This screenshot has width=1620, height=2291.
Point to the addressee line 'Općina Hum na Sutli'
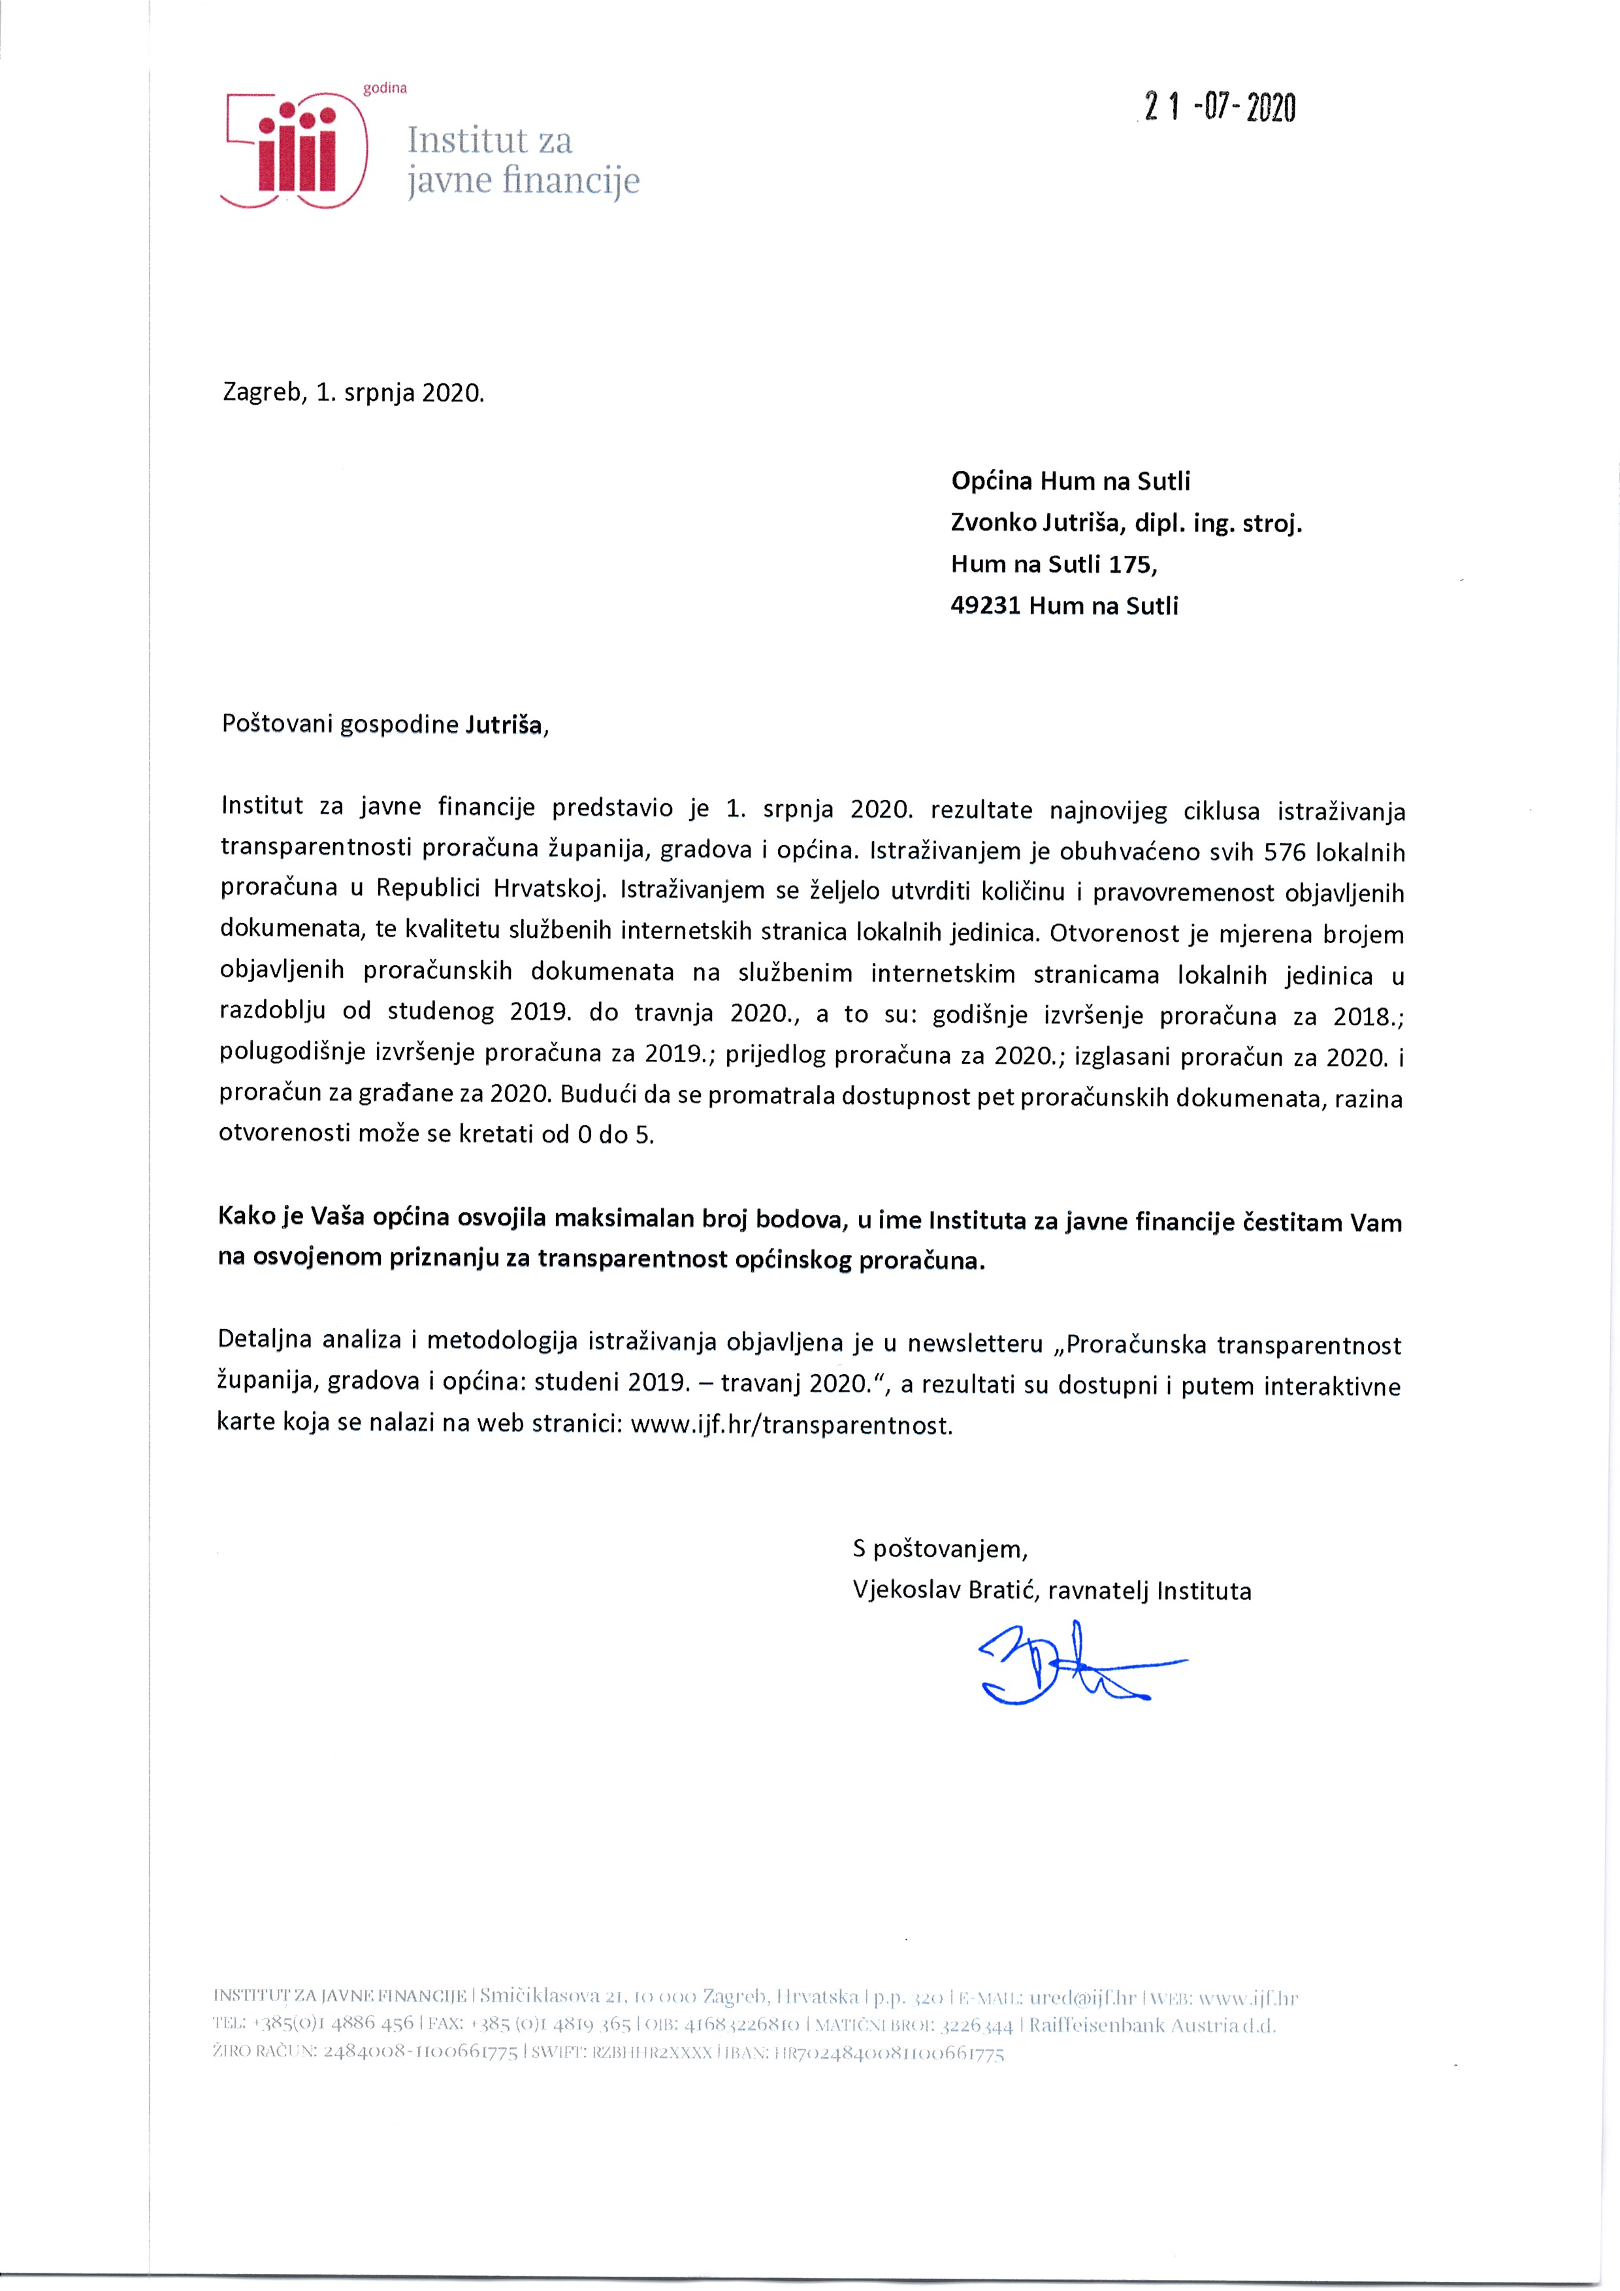tap(1070, 481)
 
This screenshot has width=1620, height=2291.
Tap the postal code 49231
tap(985, 605)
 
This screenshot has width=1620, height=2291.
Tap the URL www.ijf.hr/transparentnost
tap(792, 1425)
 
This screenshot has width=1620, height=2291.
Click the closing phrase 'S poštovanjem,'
tap(939, 1548)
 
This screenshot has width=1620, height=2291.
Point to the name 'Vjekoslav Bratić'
tap(941, 1590)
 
